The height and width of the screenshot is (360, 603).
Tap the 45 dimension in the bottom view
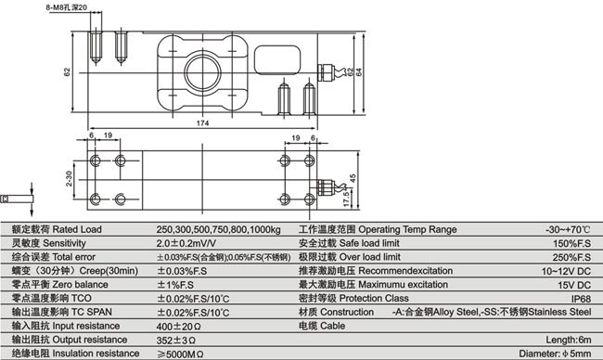(354, 177)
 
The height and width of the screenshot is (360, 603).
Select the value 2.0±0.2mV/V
(190, 241)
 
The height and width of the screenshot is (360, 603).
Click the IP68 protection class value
(581, 300)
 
